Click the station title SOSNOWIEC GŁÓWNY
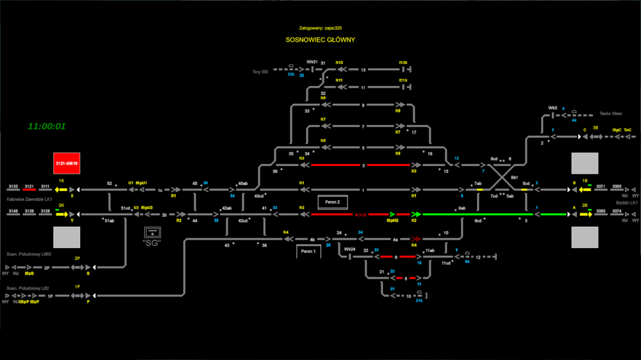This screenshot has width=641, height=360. point(320,40)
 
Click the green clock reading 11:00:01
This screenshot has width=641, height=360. point(47,126)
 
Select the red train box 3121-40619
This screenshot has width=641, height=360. point(67,163)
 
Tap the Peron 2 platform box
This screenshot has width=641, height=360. point(333,202)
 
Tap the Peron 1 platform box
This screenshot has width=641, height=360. point(308,251)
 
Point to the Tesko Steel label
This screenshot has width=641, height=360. point(611,113)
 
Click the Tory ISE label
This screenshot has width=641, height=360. point(260,72)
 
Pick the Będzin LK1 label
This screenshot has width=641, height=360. point(626,202)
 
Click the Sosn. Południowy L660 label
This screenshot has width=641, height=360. point(29,254)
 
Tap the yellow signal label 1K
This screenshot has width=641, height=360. point(62,181)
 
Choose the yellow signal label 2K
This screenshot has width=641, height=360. point(62,205)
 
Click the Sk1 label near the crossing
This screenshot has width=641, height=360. point(514,177)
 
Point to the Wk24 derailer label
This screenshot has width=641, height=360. point(349,249)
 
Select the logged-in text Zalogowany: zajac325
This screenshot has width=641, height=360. point(320,28)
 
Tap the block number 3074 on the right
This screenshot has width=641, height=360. point(617,210)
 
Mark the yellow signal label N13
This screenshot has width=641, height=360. point(339,63)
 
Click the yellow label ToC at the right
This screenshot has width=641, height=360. point(628,130)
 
